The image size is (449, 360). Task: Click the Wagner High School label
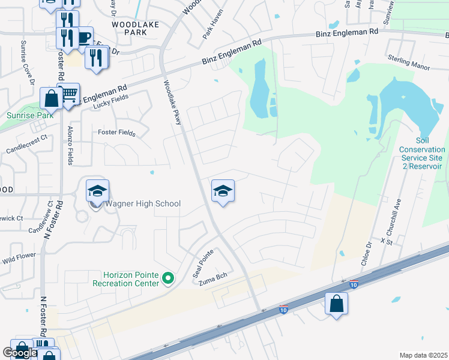[x=142, y=204]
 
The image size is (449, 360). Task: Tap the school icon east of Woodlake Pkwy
[x=223, y=191]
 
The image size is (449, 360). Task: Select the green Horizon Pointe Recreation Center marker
[x=169, y=278]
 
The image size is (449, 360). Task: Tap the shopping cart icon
[x=69, y=94]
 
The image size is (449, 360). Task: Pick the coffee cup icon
[x=83, y=37]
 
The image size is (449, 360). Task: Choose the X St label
[x=386, y=240]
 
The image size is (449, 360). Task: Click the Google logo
[x=19, y=353]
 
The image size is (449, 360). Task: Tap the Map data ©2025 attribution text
[x=423, y=355]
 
